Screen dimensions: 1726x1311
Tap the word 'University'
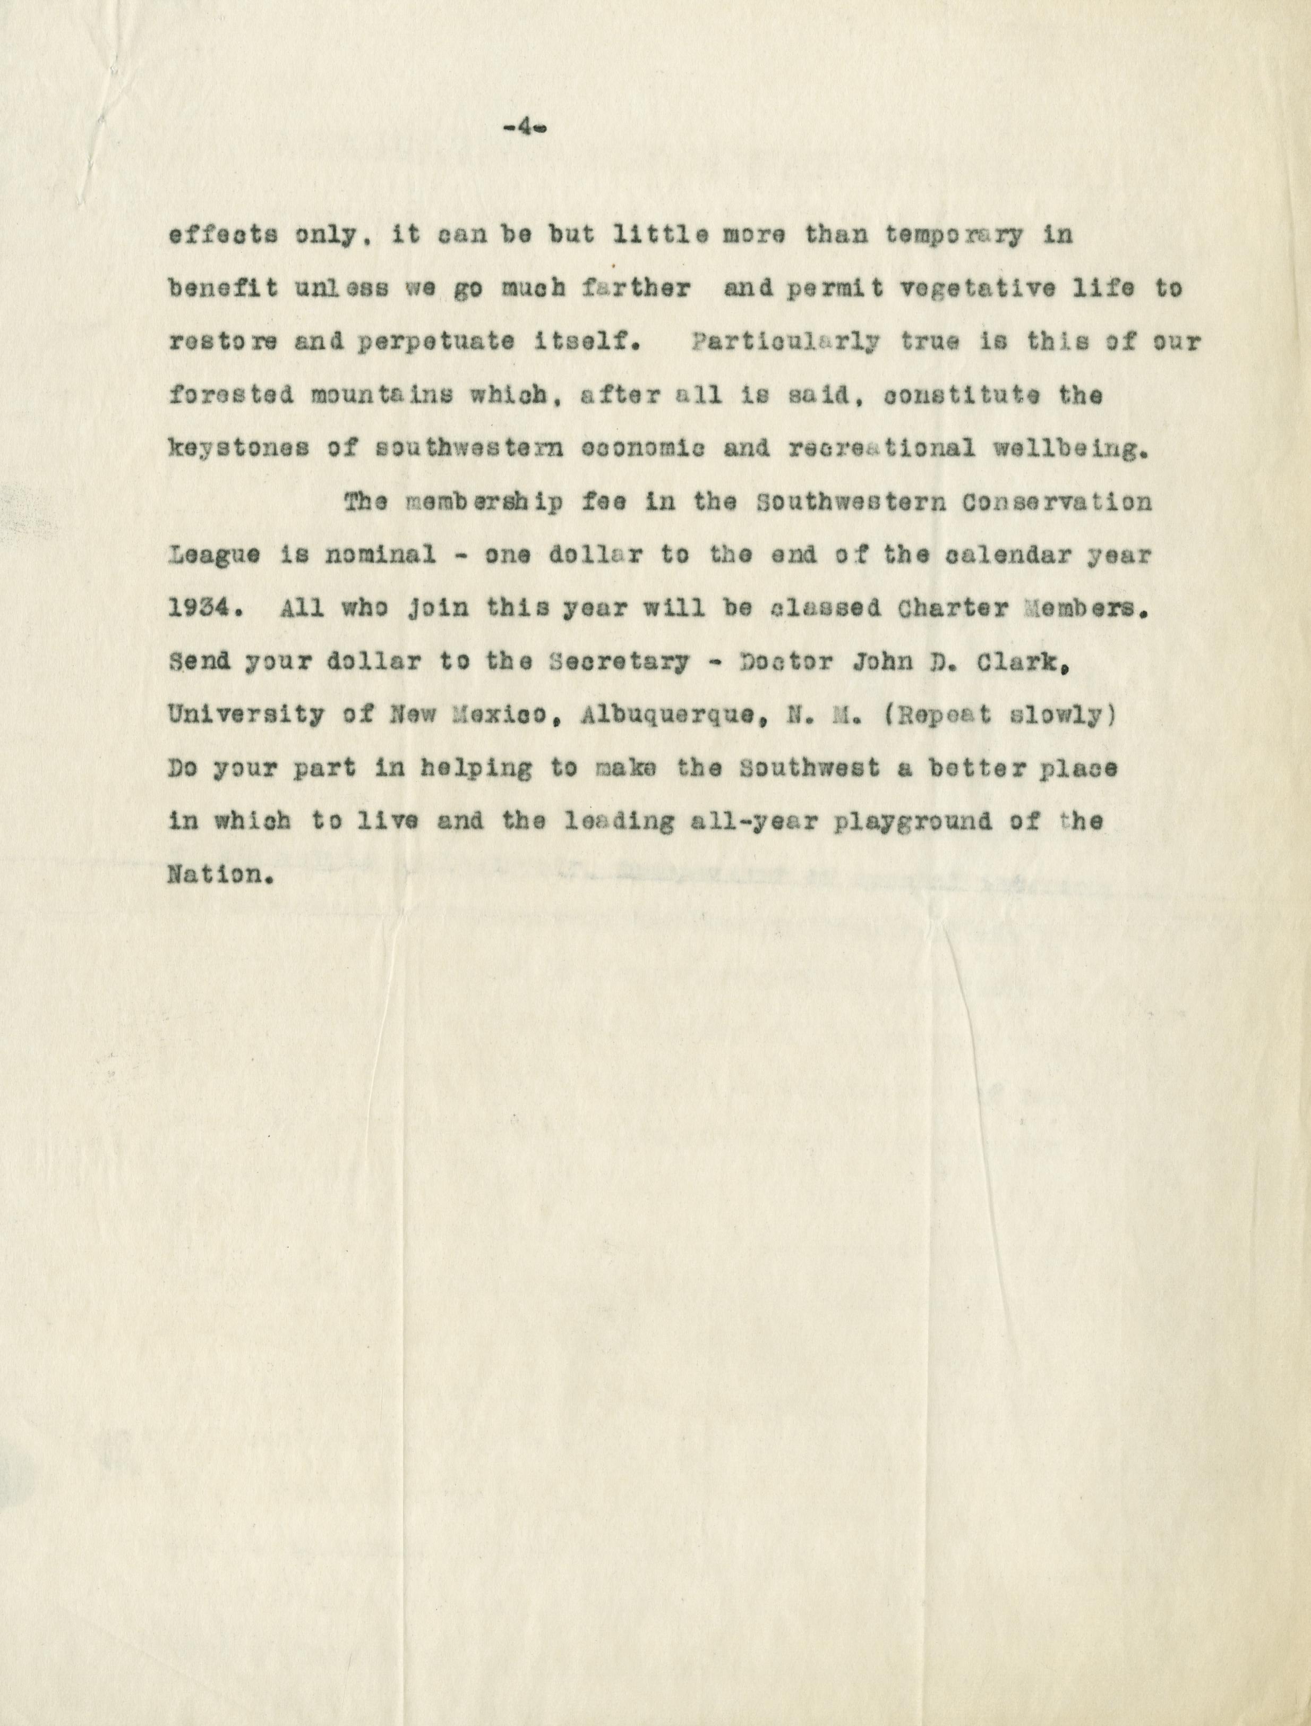(246, 715)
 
